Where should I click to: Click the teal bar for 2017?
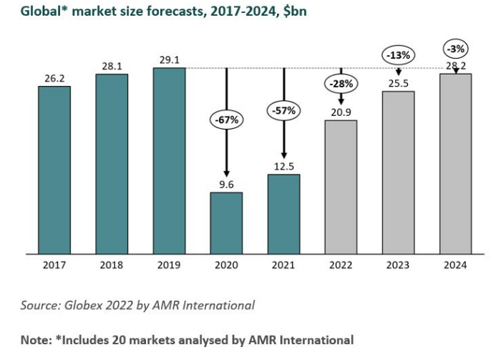pyautogui.click(x=54, y=170)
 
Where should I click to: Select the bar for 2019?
pyautogui.click(x=169, y=160)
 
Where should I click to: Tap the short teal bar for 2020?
pyautogui.click(x=226, y=223)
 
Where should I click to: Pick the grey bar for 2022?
pyautogui.click(x=341, y=186)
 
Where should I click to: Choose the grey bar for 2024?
pyautogui.click(x=455, y=163)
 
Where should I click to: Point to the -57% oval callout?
pyautogui.click(x=283, y=111)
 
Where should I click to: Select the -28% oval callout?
pyautogui.click(x=341, y=84)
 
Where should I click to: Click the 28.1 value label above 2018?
pyautogui.click(x=112, y=66)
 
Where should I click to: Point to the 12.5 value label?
pyautogui.click(x=283, y=166)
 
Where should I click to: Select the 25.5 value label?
pyautogui.click(x=398, y=83)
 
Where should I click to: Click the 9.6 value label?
pyautogui.click(x=226, y=183)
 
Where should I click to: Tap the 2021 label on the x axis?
pyautogui.click(x=283, y=265)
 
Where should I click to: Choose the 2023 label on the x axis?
pyautogui.click(x=398, y=265)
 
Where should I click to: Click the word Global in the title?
pyautogui.click(x=28, y=13)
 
